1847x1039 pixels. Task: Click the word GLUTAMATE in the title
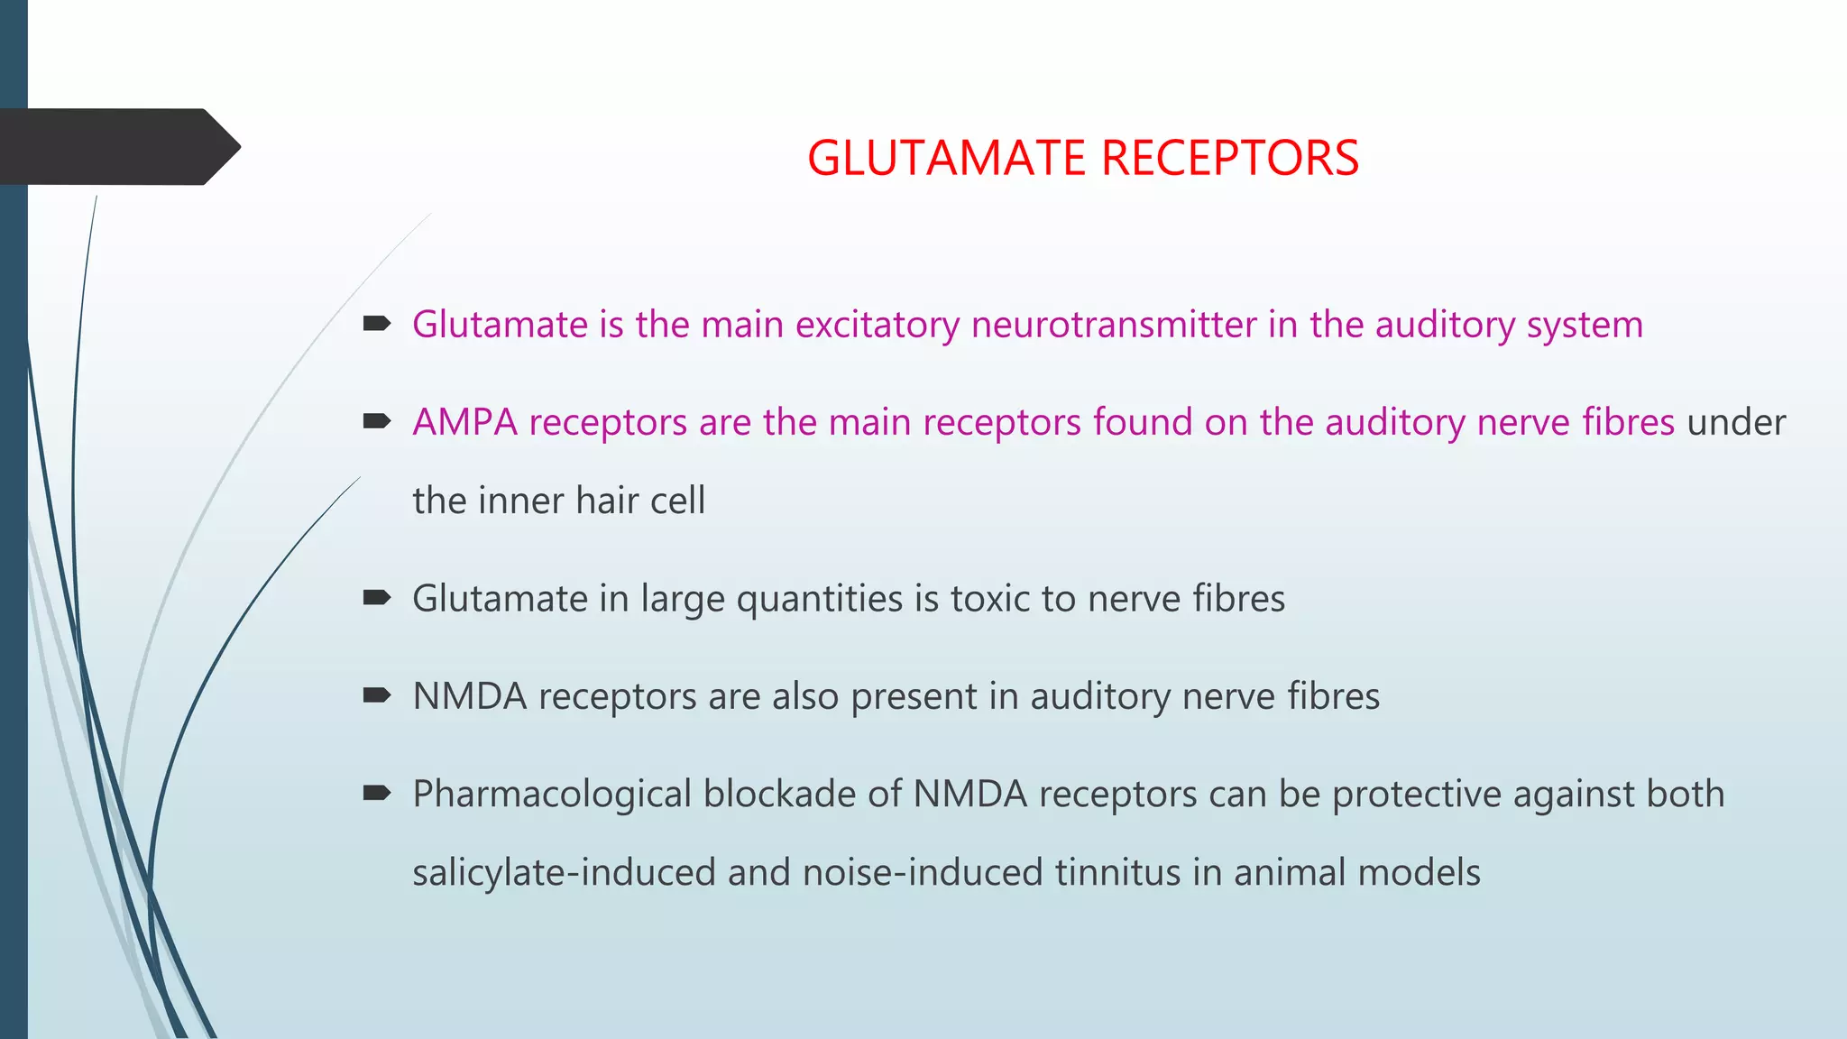pyautogui.click(x=946, y=158)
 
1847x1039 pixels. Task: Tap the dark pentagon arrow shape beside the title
pyautogui.click(x=117, y=147)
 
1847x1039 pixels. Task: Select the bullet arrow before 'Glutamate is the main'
pyautogui.click(x=376, y=323)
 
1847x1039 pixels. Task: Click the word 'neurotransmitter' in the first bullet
pyautogui.click(x=1113, y=325)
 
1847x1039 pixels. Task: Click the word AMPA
pyautogui.click(x=464, y=422)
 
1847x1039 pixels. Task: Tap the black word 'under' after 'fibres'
pyautogui.click(x=1736, y=422)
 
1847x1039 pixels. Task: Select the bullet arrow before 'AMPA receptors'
pyautogui.click(x=376, y=420)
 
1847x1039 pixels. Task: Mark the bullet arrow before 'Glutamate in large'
pyautogui.click(x=376, y=597)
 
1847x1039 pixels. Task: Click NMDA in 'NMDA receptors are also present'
pyautogui.click(x=469, y=696)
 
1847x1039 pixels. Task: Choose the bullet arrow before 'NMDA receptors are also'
pyautogui.click(x=376, y=694)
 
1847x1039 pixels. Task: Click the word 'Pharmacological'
pyautogui.click(x=552, y=795)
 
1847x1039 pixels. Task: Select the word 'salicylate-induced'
pyautogui.click(x=564, y=873)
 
